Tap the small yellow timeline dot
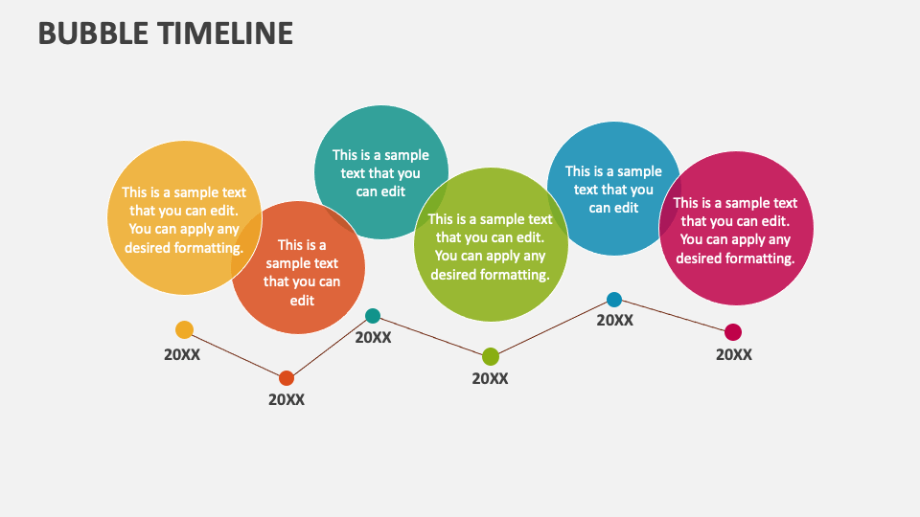(184, 330)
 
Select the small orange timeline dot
(287, 378)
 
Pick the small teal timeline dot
(373, 316)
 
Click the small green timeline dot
(491, 357)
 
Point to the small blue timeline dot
(614, 300)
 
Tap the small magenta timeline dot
(733, 332)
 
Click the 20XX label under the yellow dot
(182, 354)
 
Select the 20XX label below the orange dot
(287, 400)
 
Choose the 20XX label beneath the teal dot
(374, 337)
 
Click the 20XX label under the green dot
(490, 378)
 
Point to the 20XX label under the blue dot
(615, 321)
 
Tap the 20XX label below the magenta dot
(734, 354)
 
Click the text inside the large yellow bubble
(183, 219)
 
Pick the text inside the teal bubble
(380, 172)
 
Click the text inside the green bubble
(490, 247)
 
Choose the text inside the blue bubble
(613, 189)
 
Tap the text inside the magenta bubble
(735, 230)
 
